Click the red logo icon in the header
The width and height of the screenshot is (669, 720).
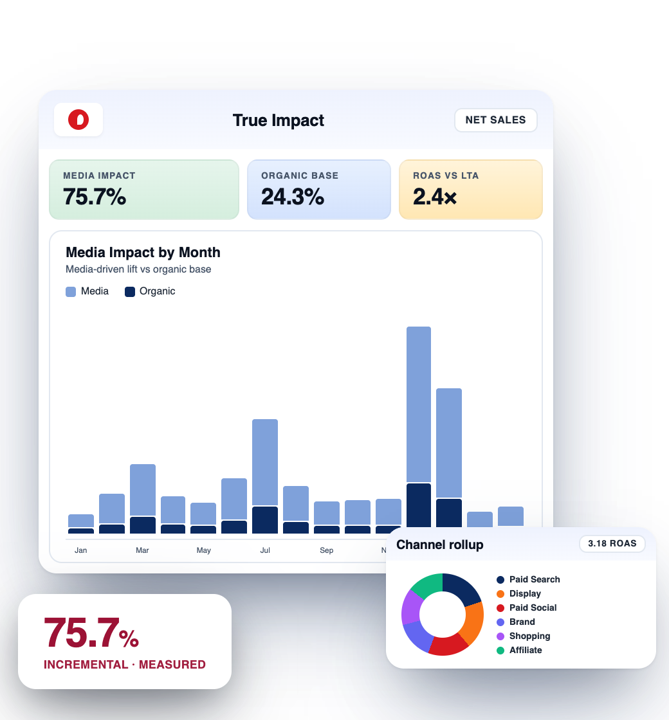tap(78, 120)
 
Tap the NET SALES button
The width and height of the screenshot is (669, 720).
tap(495, 120)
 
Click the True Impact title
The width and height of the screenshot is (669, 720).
tap(279, 120)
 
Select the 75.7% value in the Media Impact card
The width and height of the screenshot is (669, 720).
tap(95, 197)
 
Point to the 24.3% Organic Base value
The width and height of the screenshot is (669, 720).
tap(293, 197)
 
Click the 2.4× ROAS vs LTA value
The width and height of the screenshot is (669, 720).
tap(435, 197)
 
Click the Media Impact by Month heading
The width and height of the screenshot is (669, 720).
tap(143, 253)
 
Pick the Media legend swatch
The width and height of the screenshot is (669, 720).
tap(71, 292)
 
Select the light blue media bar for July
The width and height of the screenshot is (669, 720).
tap(265, 462)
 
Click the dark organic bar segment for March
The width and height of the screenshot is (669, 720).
tap(143, 525)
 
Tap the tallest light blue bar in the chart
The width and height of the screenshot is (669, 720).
tap(419, 404)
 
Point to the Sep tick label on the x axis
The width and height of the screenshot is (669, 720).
tap(327, 550)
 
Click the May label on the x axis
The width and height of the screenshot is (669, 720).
tap(204, 550)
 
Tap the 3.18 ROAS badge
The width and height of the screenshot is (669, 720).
tap(612, 544)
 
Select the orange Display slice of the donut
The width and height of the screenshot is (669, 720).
tap(474, 623)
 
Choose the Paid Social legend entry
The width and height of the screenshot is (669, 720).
tap(533, 607)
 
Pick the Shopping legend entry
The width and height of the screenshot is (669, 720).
tap(529, 636)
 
